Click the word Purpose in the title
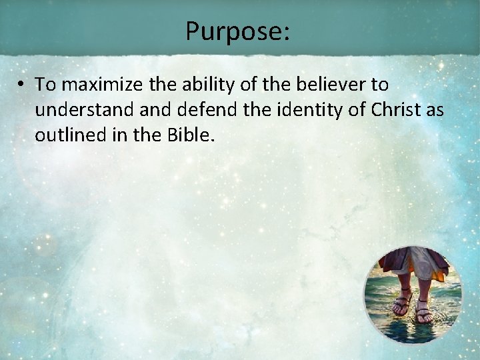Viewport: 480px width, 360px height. pyautogui.click(x=233, y=31)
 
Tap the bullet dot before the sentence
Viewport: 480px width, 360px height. pyautogui.click(x=22, y=85)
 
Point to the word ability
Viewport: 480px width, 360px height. pyautogui.click(x=199, y=85)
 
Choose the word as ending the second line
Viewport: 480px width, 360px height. pyautogui.click(x=435, y=110)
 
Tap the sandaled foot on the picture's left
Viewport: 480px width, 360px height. pyautogui.click(x=401, y=303)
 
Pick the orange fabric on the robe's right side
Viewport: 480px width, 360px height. pyautogui.click(x=441, y=267)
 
